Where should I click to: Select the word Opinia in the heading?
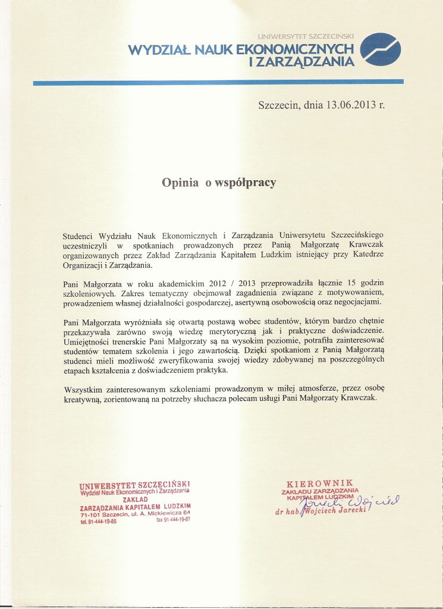coord(181,183)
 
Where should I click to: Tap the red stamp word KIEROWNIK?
coord(320,483)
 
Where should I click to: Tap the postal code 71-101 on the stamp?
coord(90,514)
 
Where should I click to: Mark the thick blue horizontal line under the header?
coord(218,82)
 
